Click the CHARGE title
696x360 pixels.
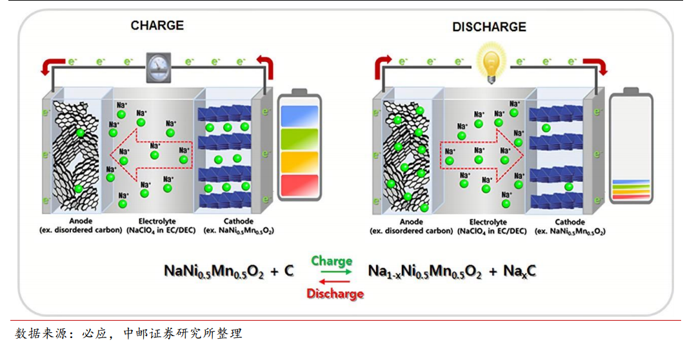point(157,26)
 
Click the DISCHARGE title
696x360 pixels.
point(489,27)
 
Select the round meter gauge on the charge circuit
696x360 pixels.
point(157,66)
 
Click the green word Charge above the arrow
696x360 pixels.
point(332,261)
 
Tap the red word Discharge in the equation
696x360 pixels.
point(335,294)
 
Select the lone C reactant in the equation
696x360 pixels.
point(288,272)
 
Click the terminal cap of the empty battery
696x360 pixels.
point(631,90)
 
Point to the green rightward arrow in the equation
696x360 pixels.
point(332,273)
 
